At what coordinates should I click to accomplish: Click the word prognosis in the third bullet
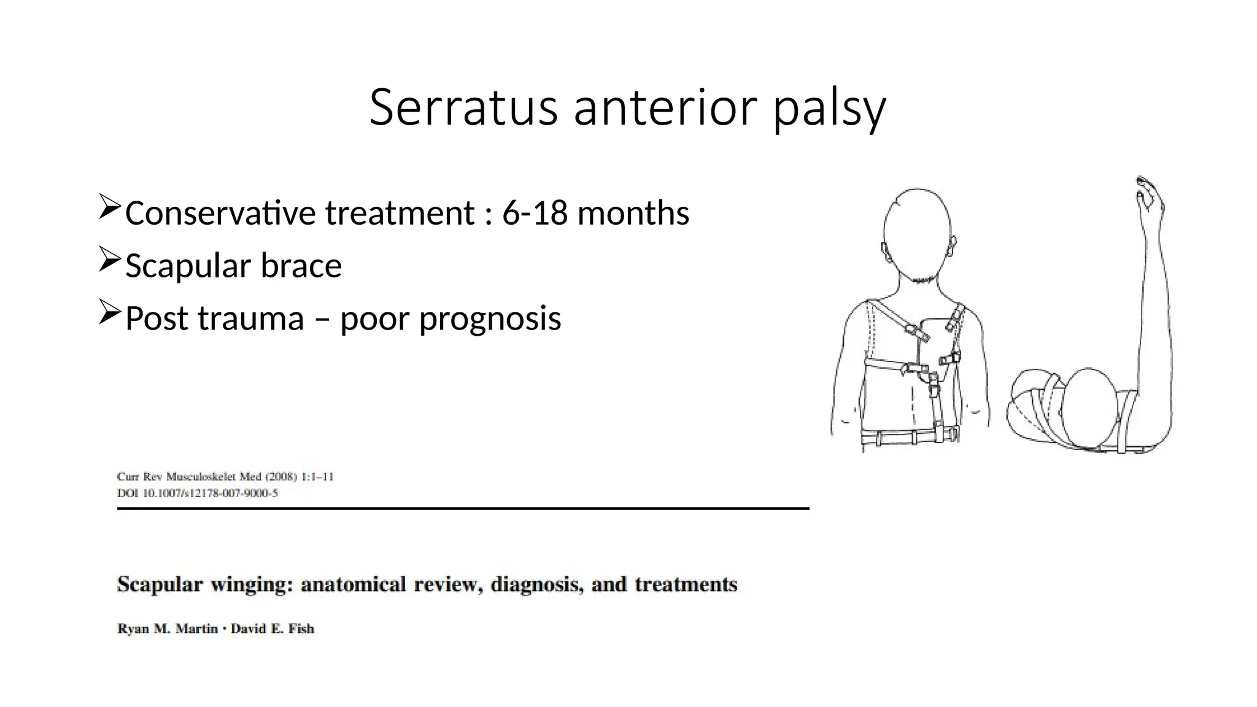490,319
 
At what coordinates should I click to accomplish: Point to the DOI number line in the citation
197,493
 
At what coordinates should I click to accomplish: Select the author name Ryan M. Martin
167,629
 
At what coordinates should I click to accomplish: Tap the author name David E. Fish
272,629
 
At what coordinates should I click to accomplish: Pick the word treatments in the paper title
686,584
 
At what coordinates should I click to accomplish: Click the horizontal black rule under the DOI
463,508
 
